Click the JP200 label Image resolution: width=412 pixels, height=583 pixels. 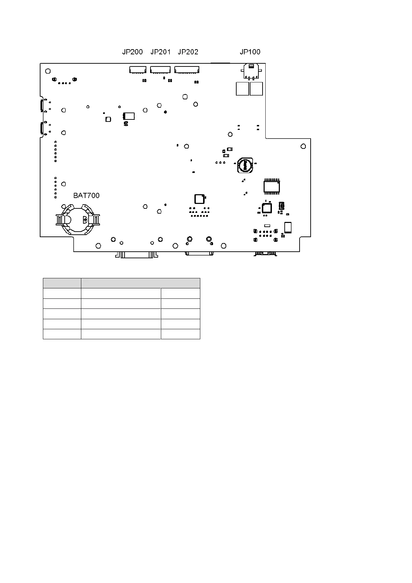coord(132,52)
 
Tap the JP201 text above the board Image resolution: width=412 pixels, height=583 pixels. coord(161,52)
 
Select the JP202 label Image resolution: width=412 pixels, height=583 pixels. coord(188,52)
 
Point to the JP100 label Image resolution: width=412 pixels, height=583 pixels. coord(250,52)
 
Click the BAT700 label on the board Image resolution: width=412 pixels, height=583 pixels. coord(86,196)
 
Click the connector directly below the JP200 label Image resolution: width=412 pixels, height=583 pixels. coord(138,70)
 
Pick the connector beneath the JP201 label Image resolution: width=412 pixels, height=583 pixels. coord(160,70)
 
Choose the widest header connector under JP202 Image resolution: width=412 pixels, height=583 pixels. coord(187,70)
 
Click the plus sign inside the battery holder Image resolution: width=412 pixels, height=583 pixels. coord(85,219)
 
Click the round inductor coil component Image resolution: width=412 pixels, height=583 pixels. coord(245,165)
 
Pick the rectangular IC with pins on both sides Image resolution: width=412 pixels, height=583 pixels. coord(272,186)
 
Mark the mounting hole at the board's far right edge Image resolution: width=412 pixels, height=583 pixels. coord(303,146)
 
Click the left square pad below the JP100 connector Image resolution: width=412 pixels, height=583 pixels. coord(242,89)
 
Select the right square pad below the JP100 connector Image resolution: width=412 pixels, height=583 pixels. coord(256,89)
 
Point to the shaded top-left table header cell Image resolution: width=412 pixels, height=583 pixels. coord(62,283)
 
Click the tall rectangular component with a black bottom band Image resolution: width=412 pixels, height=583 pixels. coord(288,227)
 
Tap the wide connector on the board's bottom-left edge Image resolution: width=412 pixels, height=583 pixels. coord(137,254)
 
